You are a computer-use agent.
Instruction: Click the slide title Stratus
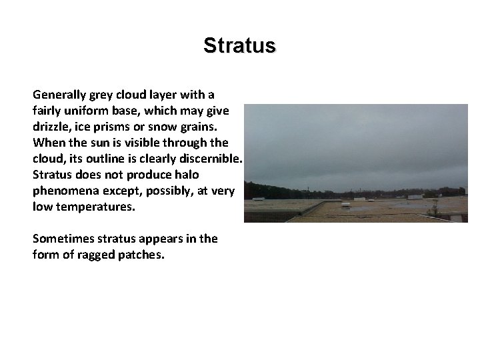click(239, 45)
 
